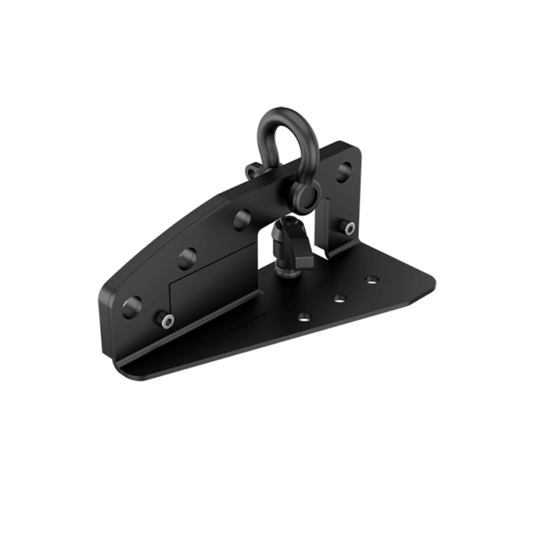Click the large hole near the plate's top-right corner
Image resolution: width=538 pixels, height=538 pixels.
(345, 171)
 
